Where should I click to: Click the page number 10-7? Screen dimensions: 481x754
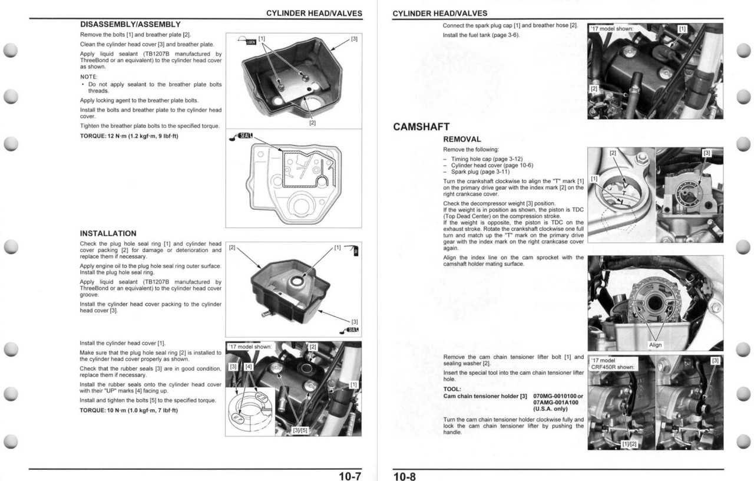tap(350, 476)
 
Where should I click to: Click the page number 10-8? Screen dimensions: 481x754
tap(405, 476)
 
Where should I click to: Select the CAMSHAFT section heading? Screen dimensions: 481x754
tap(421, 127)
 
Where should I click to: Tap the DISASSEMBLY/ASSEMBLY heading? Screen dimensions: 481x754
tap(130, 25)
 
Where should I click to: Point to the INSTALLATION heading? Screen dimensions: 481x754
tap(108, 233)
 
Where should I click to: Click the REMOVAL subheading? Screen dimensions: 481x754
tap(462, 140)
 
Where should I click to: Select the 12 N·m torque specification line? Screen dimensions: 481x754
tap(129, 136)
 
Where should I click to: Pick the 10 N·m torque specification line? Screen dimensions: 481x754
tap(128, 410)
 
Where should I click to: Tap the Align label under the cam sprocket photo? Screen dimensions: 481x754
tap(655, 345)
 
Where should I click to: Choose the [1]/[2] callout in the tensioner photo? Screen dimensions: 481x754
tap(630, 443)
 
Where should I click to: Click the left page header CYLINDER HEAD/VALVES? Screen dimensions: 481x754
tap(314, 13)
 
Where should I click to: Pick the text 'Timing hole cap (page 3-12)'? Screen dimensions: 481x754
tap(487, 159)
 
